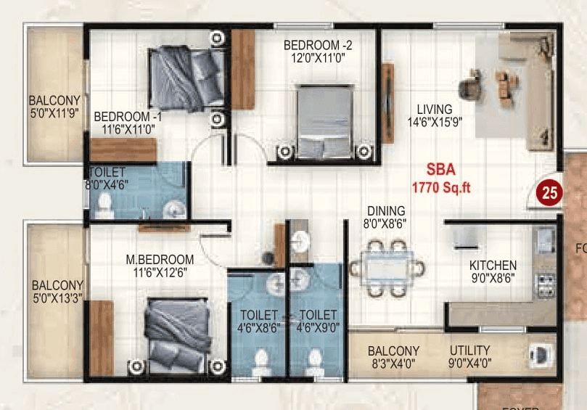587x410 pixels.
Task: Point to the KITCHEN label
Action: (x=493, y=265)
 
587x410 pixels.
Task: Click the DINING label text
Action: (x=385, y=211)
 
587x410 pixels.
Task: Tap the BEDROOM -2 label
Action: (x=318, y=45)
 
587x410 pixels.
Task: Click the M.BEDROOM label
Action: (x=159, y=259)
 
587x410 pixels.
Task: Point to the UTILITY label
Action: (x=469, y=350)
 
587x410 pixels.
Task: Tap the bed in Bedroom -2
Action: (x=324, y=119)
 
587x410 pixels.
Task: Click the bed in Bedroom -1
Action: (x=187, y=76)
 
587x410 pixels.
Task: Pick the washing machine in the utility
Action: (x=541, y=355)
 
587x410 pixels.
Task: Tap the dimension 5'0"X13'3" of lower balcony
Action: (x=57, y=298)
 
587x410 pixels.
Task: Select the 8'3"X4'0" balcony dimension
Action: (x=393, y=364)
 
